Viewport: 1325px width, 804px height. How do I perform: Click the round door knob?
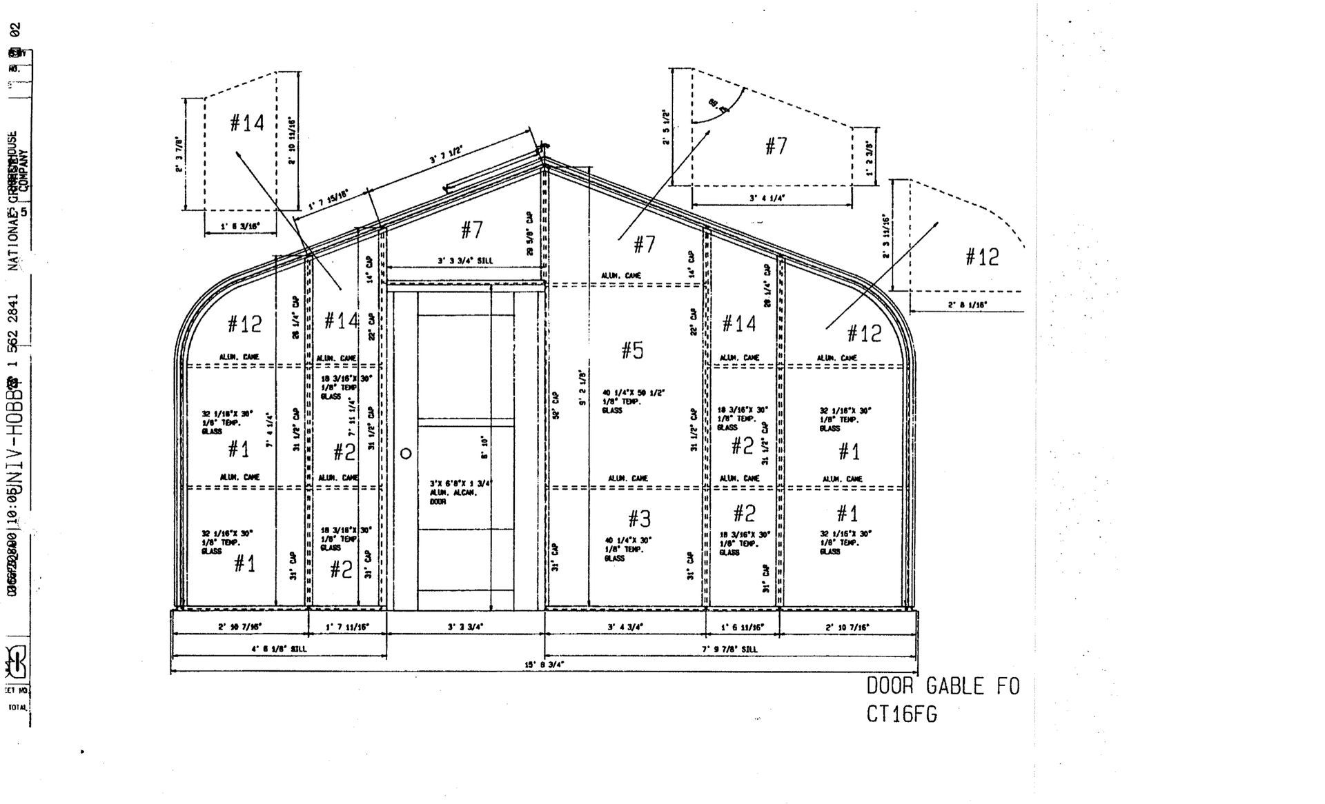click(406, 453)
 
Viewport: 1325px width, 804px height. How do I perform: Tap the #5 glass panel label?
click(632, 350)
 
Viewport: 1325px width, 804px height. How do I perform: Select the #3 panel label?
click(639, 519)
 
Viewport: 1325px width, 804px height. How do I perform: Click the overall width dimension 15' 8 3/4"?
click(544, 665)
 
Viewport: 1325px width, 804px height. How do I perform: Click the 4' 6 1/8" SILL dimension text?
click(279, 649)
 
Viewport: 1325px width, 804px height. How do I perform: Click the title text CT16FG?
click(902, 714)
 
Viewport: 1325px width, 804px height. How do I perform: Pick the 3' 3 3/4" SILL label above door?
click(464, 261)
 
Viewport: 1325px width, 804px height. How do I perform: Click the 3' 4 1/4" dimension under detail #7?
click(767, 198)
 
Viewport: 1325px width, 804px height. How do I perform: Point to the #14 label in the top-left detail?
click(246, 123)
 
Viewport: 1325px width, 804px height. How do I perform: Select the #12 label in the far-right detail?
click(982, 257)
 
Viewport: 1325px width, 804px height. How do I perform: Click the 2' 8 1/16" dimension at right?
click(968, 304)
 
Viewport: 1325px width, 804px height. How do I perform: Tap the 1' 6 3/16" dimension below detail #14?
click(239, 225)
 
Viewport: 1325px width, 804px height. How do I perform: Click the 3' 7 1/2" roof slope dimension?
click(446, 154)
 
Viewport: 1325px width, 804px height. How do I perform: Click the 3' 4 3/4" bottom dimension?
click(625, 627)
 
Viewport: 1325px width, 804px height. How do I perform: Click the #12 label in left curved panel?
click(244, 323)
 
